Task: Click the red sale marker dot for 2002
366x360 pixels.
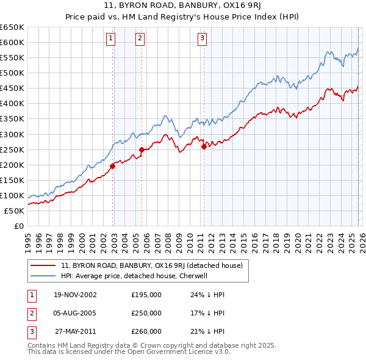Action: click(113, 166)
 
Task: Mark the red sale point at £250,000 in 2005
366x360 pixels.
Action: click(142, 149)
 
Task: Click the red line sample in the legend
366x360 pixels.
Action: click(44, 265)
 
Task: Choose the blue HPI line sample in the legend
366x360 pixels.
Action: click(44, 276)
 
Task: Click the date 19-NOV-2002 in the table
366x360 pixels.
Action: click(75, 295)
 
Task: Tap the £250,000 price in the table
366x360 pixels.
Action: click(146, 313)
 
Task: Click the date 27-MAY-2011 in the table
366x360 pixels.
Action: click(75, 331)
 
